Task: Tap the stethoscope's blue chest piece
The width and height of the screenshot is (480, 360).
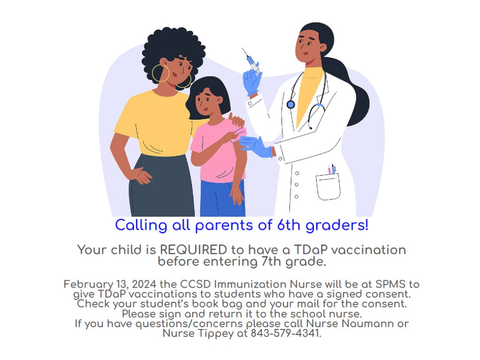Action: (290, 105)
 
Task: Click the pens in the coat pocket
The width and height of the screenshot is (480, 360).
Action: (332, 169)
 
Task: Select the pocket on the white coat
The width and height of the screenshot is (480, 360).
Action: (328, 186)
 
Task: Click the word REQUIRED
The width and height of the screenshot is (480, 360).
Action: (193, 250)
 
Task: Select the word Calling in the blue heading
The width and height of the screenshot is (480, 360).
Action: (141, 226)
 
